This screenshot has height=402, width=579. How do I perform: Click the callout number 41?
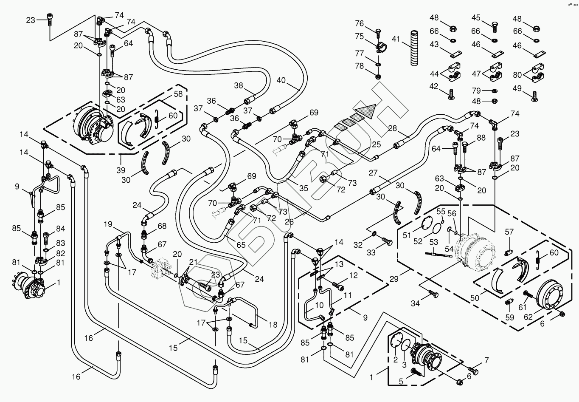[396, 39]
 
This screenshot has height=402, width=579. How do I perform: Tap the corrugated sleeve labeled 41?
[414, 48]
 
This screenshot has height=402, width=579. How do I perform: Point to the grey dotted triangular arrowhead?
[366, 111]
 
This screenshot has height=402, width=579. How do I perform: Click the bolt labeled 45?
[495, 27]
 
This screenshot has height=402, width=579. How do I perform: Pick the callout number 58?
[178, 94]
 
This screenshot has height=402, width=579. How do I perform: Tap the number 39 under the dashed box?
[121, 170]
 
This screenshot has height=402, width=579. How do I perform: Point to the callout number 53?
[433, 242]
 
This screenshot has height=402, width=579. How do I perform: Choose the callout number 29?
[394, 279]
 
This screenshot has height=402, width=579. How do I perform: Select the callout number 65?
[241, 245]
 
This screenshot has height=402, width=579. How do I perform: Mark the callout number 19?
[108, 224]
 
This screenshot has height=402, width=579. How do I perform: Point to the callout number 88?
[481, 138]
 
